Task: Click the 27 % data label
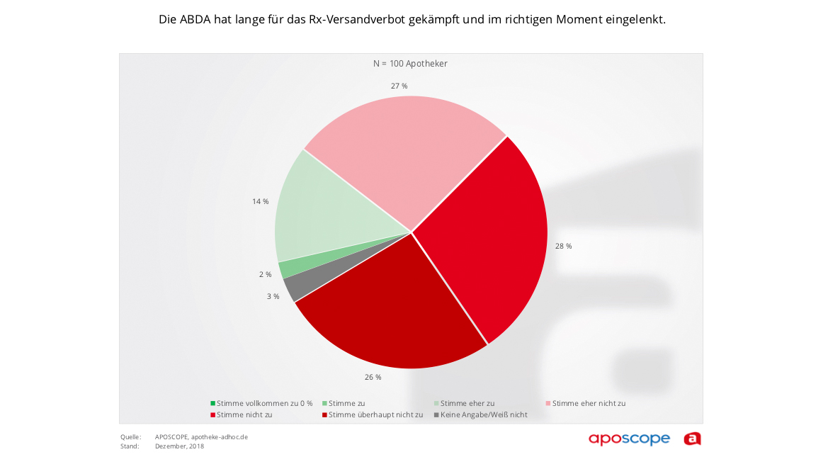399,86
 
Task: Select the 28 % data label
564,246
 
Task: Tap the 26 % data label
373,377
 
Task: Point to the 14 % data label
261,201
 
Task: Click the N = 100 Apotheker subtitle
411,64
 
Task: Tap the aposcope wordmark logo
629,439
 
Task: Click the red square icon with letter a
692,439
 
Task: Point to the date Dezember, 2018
179,446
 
